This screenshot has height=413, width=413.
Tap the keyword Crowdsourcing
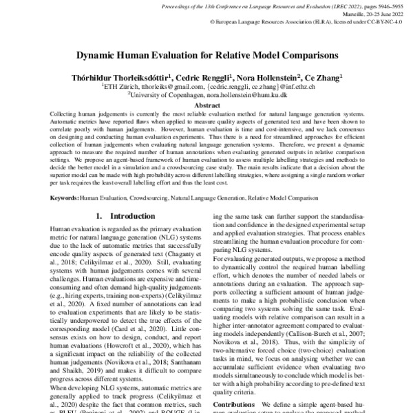[147, 198]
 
